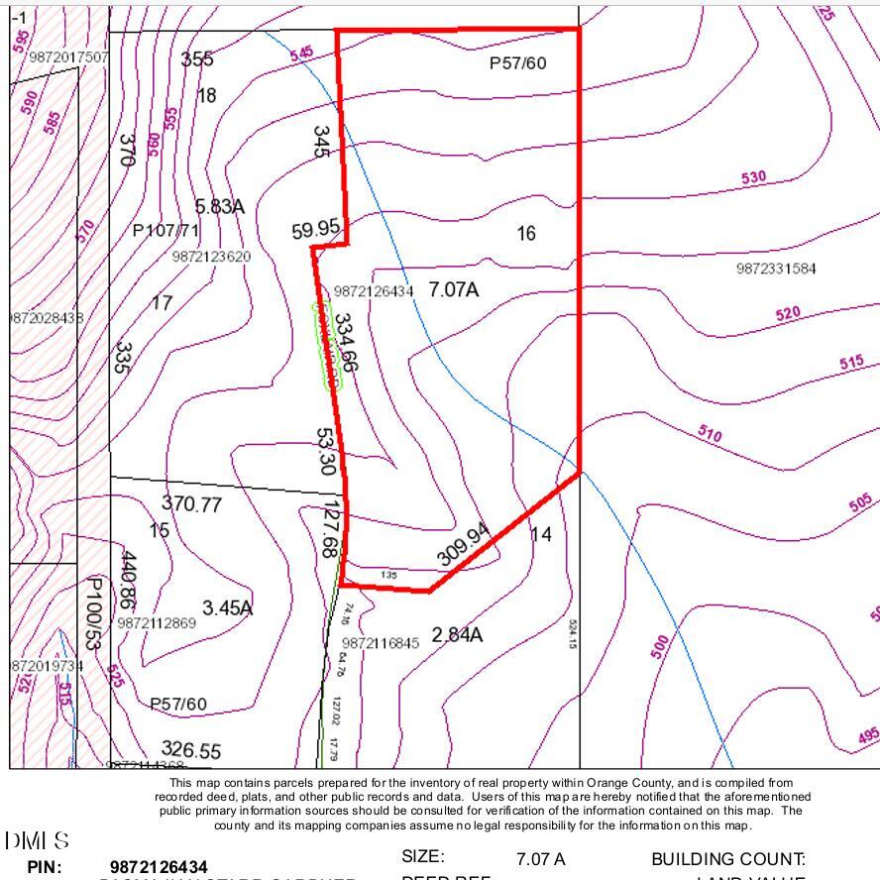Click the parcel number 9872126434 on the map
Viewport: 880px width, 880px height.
374,291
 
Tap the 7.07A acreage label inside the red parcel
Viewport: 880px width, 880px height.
453,289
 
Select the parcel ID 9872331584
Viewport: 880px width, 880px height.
776,269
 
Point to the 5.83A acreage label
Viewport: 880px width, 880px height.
219,206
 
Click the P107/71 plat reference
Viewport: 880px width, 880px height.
165,231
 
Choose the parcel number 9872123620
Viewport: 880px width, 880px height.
211,257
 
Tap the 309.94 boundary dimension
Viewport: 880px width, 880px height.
464,544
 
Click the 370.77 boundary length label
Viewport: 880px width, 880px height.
191,503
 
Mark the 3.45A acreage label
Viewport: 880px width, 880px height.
227,607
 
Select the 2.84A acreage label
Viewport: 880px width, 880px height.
457,634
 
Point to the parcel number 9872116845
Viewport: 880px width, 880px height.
381,643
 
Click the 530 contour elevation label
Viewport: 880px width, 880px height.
753,177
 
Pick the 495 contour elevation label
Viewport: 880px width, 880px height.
867,737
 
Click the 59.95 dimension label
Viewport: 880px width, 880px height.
316,231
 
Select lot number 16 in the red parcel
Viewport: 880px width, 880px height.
526,233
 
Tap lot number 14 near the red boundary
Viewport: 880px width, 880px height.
541,534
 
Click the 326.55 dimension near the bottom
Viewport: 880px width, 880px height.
191,749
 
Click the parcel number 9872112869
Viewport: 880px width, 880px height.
157,623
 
